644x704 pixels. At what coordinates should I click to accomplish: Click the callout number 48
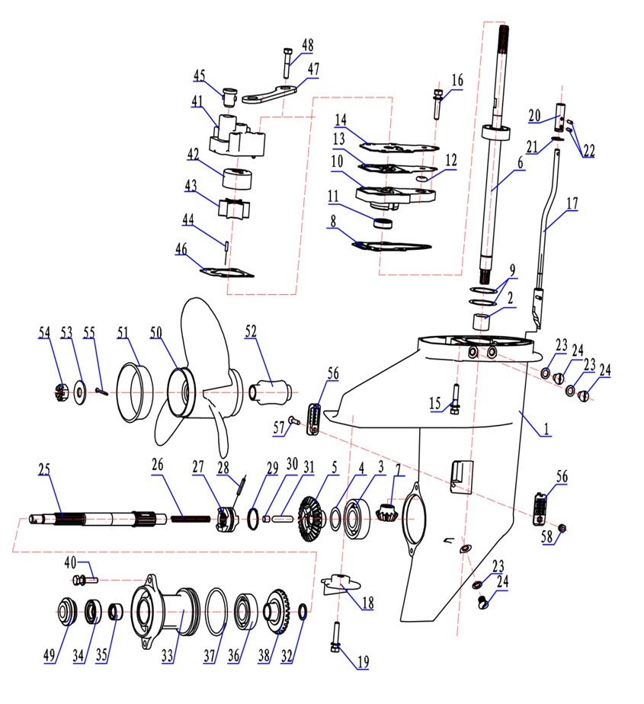click(x=307, y=45)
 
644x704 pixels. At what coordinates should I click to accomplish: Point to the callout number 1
click(x=546, y=428)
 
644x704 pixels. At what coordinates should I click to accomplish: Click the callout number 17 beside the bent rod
click(x=572, y=204)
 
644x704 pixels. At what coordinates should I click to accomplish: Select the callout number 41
click(x=197, y=101)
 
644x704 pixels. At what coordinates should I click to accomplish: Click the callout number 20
click(x=534, y=115)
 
